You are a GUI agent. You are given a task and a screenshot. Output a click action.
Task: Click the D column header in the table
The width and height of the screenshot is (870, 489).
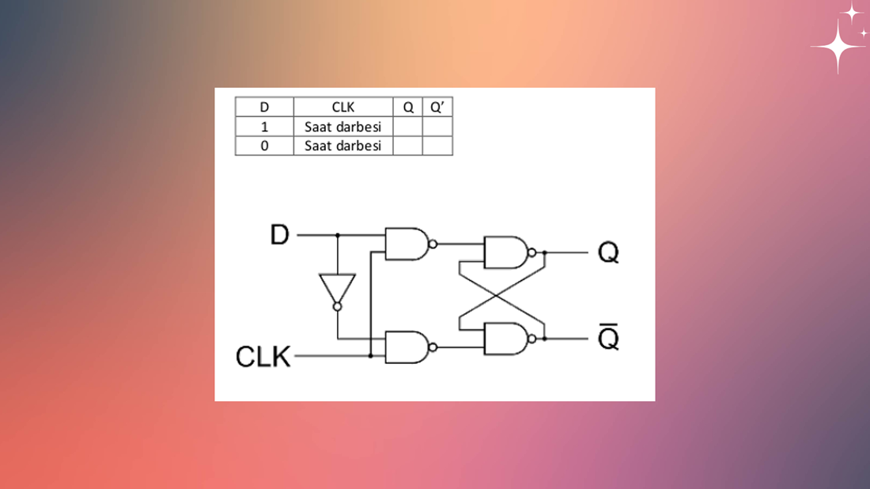264,108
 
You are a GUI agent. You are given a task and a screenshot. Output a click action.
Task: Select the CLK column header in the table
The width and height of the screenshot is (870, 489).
343,108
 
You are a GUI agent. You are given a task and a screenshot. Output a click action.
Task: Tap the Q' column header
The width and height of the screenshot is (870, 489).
437,108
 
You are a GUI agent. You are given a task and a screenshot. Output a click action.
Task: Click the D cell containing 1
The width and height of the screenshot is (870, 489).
264,127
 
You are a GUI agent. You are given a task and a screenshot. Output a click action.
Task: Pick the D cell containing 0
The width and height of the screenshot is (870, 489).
264,146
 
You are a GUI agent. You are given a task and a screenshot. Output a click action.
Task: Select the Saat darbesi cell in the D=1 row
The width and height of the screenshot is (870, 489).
343,127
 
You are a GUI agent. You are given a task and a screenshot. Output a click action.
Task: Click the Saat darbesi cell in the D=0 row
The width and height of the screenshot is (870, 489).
343,146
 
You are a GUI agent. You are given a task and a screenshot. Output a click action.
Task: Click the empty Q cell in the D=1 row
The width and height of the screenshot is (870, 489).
407,127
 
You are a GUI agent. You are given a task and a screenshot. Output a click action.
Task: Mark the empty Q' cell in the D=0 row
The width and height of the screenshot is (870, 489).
437,146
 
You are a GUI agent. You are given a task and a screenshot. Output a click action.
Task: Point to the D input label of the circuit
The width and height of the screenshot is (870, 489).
280,235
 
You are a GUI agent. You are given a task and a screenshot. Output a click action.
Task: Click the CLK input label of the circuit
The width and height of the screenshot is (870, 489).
263,357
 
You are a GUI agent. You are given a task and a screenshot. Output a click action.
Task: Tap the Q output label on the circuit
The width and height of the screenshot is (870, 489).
608,253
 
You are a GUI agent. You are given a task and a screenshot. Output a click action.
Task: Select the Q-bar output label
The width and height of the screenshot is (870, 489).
608,338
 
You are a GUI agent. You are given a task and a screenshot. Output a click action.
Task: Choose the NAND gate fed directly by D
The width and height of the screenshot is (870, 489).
406,244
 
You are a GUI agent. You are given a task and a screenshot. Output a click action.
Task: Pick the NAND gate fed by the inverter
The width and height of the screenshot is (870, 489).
406,347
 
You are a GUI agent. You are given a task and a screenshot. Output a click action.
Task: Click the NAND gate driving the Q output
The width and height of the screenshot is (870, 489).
506,252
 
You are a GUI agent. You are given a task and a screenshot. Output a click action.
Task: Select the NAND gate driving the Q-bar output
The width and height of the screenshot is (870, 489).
506,339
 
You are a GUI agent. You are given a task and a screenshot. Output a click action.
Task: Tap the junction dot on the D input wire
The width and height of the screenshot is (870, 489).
338,235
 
